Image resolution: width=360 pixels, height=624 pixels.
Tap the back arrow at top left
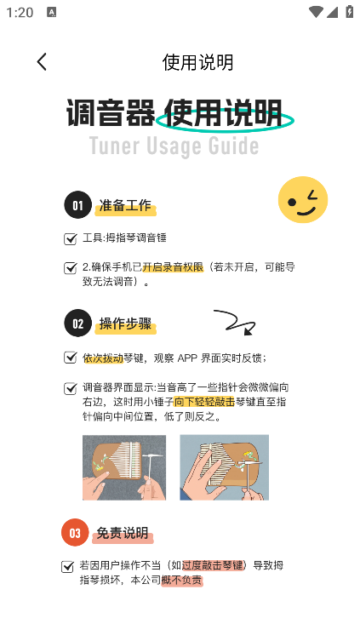tap(42, 61)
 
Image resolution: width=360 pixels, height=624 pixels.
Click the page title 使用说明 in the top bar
tap(197, 62)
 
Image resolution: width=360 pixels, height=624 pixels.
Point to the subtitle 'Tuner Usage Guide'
tap(174, 146)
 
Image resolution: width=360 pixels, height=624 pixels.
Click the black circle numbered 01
tap(77, 205)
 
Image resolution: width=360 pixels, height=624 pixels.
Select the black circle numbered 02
tap(77, 323)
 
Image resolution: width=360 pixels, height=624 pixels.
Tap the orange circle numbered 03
tap(75, 533)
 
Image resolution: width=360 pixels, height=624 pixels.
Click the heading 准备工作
tap(125, 205)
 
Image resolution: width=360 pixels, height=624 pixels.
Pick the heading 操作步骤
tap(126, 323)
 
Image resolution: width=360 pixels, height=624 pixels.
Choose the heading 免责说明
tap(123, 533)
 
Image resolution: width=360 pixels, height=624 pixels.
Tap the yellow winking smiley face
tap(303, 200)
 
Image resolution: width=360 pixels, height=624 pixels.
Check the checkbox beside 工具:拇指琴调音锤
tap(71, 239)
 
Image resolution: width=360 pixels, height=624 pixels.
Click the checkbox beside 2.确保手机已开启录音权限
tap(71, 268)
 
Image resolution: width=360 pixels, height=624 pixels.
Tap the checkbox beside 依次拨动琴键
tap(71, 358)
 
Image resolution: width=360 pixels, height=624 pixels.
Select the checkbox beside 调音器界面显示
tap(71, 389)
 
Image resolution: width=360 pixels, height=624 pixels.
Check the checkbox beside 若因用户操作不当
tap(68, 566)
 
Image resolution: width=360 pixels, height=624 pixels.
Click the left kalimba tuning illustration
tap(124, 467)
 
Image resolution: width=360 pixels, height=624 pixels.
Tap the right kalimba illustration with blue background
tap(224, 467)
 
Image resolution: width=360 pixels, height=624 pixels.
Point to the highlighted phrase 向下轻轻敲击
tap(203, 402)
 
